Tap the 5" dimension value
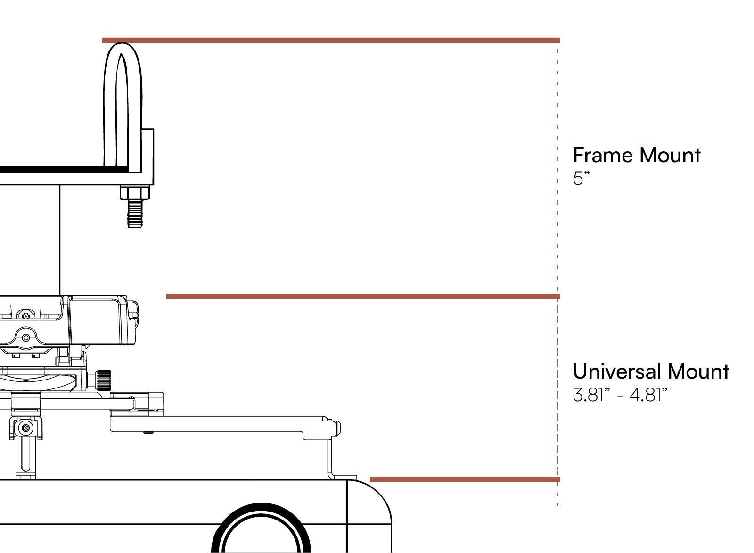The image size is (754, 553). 581,179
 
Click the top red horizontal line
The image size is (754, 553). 330,41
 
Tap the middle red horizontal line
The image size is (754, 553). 363,297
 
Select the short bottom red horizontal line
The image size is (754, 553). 465,479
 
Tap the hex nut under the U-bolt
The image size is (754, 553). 135,193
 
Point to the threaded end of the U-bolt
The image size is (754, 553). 135,215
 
